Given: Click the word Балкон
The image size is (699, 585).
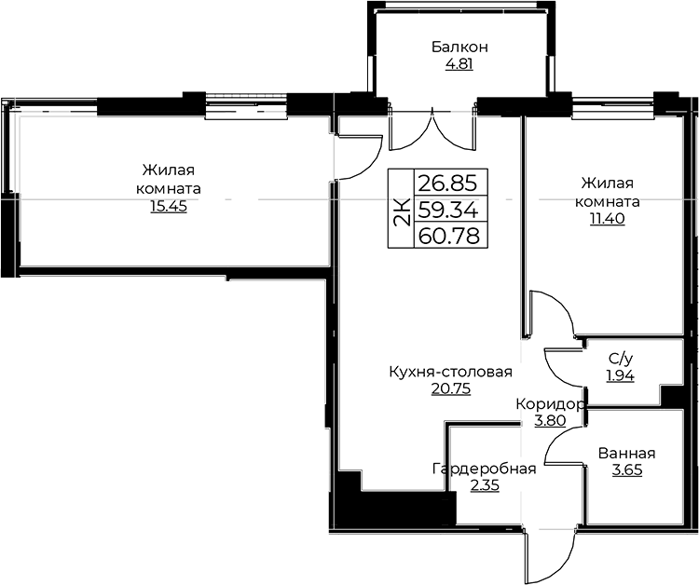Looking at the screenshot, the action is pyautogui.click(x=459, y=47).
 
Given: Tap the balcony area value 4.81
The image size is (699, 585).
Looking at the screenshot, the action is pyautogui.click(x=459, y=64).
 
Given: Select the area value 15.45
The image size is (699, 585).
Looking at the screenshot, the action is pyautogui.click(x=169, y=207).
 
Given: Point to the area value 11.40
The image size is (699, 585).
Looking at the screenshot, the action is pyautogui.click(x=607, y=219).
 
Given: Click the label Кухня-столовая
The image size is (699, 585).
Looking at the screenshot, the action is pyautogui.click(x=451, y=372).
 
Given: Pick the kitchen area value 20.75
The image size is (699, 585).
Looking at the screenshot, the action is pyautogui.click(x=451, y=389).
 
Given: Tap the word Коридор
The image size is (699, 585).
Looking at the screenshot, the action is pyautogui.click(x=550, y=404).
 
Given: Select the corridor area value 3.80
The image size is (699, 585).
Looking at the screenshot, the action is pyautogui.click(x=550, y=421).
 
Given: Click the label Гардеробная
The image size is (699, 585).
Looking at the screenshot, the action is pyautogui.click(x=484, y=469).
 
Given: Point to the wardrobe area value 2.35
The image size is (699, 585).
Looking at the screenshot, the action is pyautogui.click(x=485, y=485).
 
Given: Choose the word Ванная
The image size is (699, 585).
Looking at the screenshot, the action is pyautogui.click(x=627, y=454).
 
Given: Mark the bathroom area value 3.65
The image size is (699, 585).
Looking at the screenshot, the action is pyautogui.click(x=627, y=470).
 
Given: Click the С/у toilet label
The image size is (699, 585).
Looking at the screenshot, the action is pyautogui.click(x=620, y=359).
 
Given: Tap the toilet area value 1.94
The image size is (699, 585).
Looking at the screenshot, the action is pyautogui.click(x=620, y=376).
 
